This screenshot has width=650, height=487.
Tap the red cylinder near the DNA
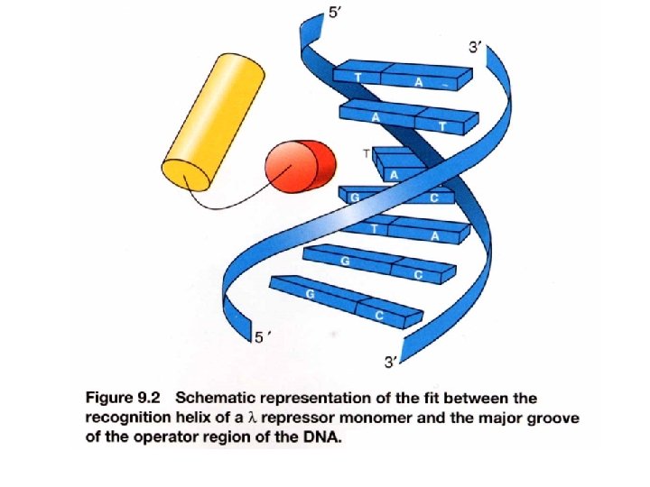[298, 167]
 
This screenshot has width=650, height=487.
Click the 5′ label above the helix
[334, 16]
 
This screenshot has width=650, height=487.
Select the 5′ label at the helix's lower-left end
[261, 338]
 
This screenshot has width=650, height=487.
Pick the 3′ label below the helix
[391, 363]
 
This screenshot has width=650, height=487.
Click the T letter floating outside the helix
[366, 154]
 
